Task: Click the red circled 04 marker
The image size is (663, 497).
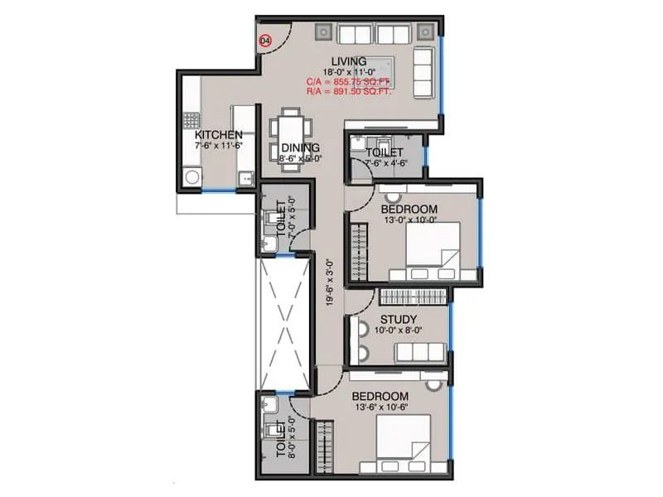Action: [x=265, y=40]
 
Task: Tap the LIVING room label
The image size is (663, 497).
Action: [x=349, y=61]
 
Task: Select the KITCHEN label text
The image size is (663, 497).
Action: [x=219, y=135]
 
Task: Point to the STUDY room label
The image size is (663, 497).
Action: [x=398, y=319]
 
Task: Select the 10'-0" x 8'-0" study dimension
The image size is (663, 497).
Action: [x=398, y=331]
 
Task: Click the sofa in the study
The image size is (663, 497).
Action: [x=419, y=351]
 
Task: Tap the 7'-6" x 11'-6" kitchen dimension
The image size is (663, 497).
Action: [x=219, y=146]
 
